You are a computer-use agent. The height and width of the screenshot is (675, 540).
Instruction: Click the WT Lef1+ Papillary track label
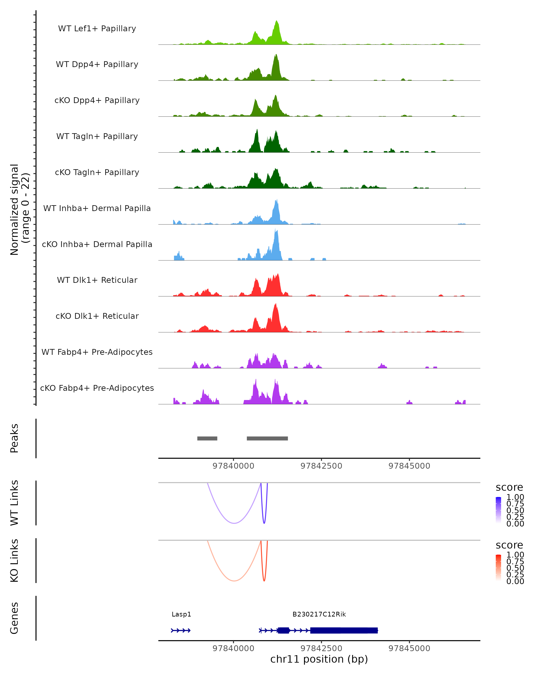click(97, 29)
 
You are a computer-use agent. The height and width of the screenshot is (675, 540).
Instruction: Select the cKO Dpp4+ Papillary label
click(97, 101)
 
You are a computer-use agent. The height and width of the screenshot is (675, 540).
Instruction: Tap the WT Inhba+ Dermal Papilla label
click(97, 209)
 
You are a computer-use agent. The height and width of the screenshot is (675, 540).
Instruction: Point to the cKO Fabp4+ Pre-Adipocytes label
click(97, 388)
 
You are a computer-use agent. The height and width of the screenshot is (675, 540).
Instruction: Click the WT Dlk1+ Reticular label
click(97, 280)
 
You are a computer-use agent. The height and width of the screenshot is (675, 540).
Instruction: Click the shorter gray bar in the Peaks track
click(207, 438)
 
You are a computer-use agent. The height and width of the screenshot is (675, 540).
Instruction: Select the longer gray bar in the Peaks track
click(267, 438)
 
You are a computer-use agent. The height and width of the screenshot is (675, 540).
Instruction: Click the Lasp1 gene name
click(181, 614)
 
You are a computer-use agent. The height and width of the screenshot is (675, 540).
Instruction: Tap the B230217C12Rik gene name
click(319, 614)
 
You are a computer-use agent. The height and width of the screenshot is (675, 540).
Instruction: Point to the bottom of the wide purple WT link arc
click(234, 523)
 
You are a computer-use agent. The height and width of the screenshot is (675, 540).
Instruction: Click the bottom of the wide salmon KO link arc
click(234, 581)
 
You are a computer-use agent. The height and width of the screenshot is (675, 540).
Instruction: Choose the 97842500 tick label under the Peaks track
click(321, 466)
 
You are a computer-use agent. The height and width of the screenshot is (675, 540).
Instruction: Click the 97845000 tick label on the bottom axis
click(409, 648)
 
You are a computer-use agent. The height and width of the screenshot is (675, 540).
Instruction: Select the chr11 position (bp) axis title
click(319, 659)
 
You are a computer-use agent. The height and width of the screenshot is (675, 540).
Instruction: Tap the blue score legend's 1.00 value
click(515, 497)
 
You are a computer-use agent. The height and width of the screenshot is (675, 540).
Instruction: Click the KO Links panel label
click(14, 561)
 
